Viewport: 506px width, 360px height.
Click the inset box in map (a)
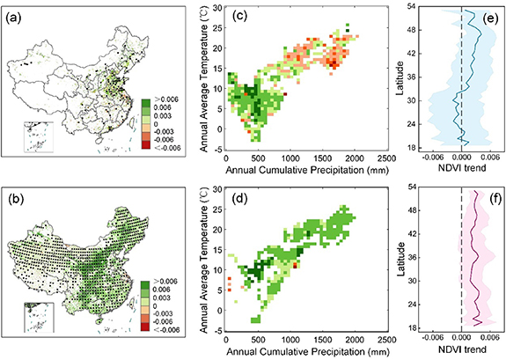pos(38,137)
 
